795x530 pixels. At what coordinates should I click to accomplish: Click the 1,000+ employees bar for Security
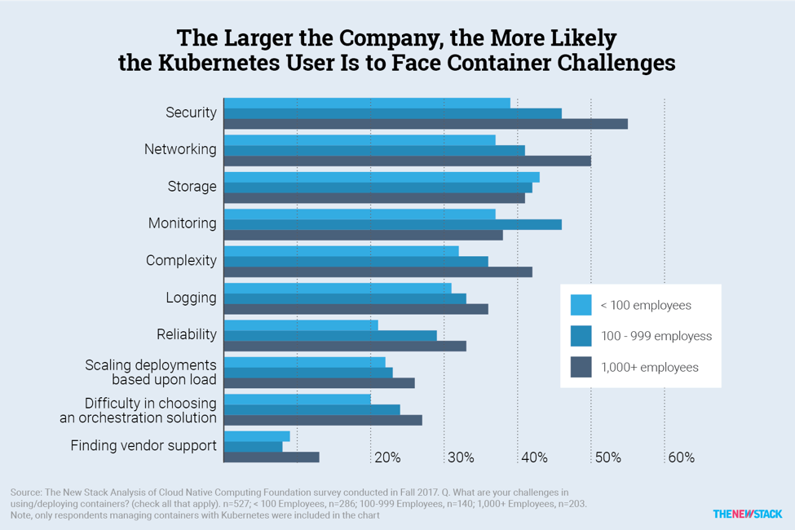point(426,124)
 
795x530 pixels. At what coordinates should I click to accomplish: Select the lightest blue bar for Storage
point(382,177)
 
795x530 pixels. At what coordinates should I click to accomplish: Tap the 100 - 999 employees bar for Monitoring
point(392,224)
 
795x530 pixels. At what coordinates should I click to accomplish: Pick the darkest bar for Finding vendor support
point(272,457)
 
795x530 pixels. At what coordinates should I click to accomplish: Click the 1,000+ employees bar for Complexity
point(378,272)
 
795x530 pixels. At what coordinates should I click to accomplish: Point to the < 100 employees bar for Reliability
point(301,325)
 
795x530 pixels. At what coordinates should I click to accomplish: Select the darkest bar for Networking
point(407,161)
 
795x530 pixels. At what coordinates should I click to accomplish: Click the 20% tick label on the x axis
point(387,458)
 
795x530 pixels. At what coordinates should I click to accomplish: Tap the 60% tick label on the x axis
point(681,458)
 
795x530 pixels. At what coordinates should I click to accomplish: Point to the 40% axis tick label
point(534,458)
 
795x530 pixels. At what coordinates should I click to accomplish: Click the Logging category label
point(191,298)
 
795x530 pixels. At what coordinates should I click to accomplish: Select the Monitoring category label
point(182,223)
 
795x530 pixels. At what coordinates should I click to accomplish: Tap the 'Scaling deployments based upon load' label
point(151,372)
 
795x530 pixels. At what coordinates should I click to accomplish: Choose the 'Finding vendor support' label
point(144,446)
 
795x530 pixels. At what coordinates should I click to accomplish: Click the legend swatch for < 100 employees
point(581,305)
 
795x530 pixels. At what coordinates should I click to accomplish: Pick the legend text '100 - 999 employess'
point(656,336)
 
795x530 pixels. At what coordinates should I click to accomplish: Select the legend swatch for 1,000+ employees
point(581,367)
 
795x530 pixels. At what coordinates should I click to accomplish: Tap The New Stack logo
point(747,514)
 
